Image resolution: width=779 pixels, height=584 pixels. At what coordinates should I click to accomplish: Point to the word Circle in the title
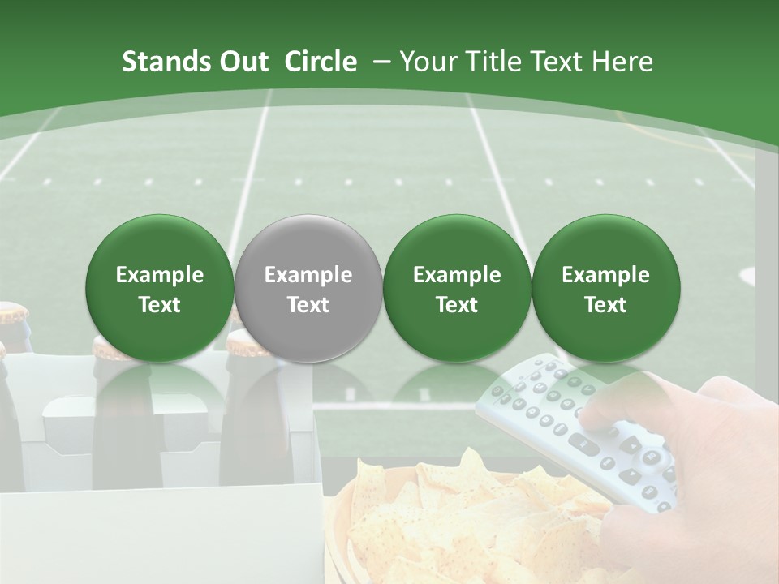[321, 62]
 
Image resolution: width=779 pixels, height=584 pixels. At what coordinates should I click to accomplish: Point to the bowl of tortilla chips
[454, 519]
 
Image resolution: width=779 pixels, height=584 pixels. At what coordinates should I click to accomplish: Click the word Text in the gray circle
[308, 305]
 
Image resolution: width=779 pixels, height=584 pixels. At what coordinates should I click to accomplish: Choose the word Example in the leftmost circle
[160, 275]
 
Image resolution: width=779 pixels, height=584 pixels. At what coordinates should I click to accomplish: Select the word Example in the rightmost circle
[605, 275]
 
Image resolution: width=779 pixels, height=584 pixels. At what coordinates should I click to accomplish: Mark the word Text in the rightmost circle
[605, 305]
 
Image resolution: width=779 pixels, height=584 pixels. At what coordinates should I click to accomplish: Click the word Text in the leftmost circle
[160, 305]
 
